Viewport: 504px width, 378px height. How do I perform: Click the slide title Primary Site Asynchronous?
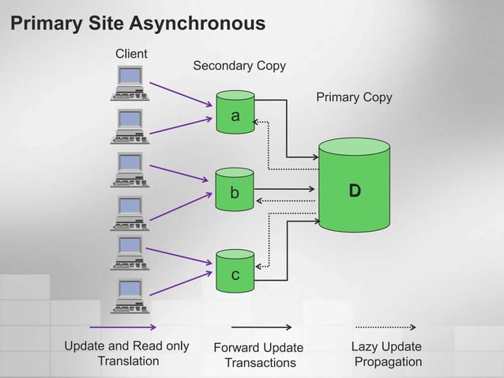click(137, 25)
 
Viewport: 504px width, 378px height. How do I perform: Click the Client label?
click(132, 54)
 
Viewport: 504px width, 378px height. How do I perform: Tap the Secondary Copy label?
click(239, 66)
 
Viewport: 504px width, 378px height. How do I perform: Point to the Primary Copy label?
click(354, 97)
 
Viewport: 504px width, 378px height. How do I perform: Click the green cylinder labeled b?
click(235, 188)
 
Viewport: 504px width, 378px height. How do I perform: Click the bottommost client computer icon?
click(128, 295)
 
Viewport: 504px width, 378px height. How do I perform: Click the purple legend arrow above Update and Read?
click(122, 327)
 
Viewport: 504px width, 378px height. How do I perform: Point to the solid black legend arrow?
click(261, 327)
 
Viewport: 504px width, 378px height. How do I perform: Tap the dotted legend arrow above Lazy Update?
click(386, 327)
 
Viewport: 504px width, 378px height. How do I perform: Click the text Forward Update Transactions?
click(259, 355)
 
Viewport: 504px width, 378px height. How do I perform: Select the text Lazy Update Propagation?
click(387, 354)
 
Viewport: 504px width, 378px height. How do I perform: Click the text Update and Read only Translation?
click(127, 353)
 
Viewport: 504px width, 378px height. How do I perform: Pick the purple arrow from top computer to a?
click(181, 93)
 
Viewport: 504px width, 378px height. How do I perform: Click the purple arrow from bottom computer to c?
click(181, 283)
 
